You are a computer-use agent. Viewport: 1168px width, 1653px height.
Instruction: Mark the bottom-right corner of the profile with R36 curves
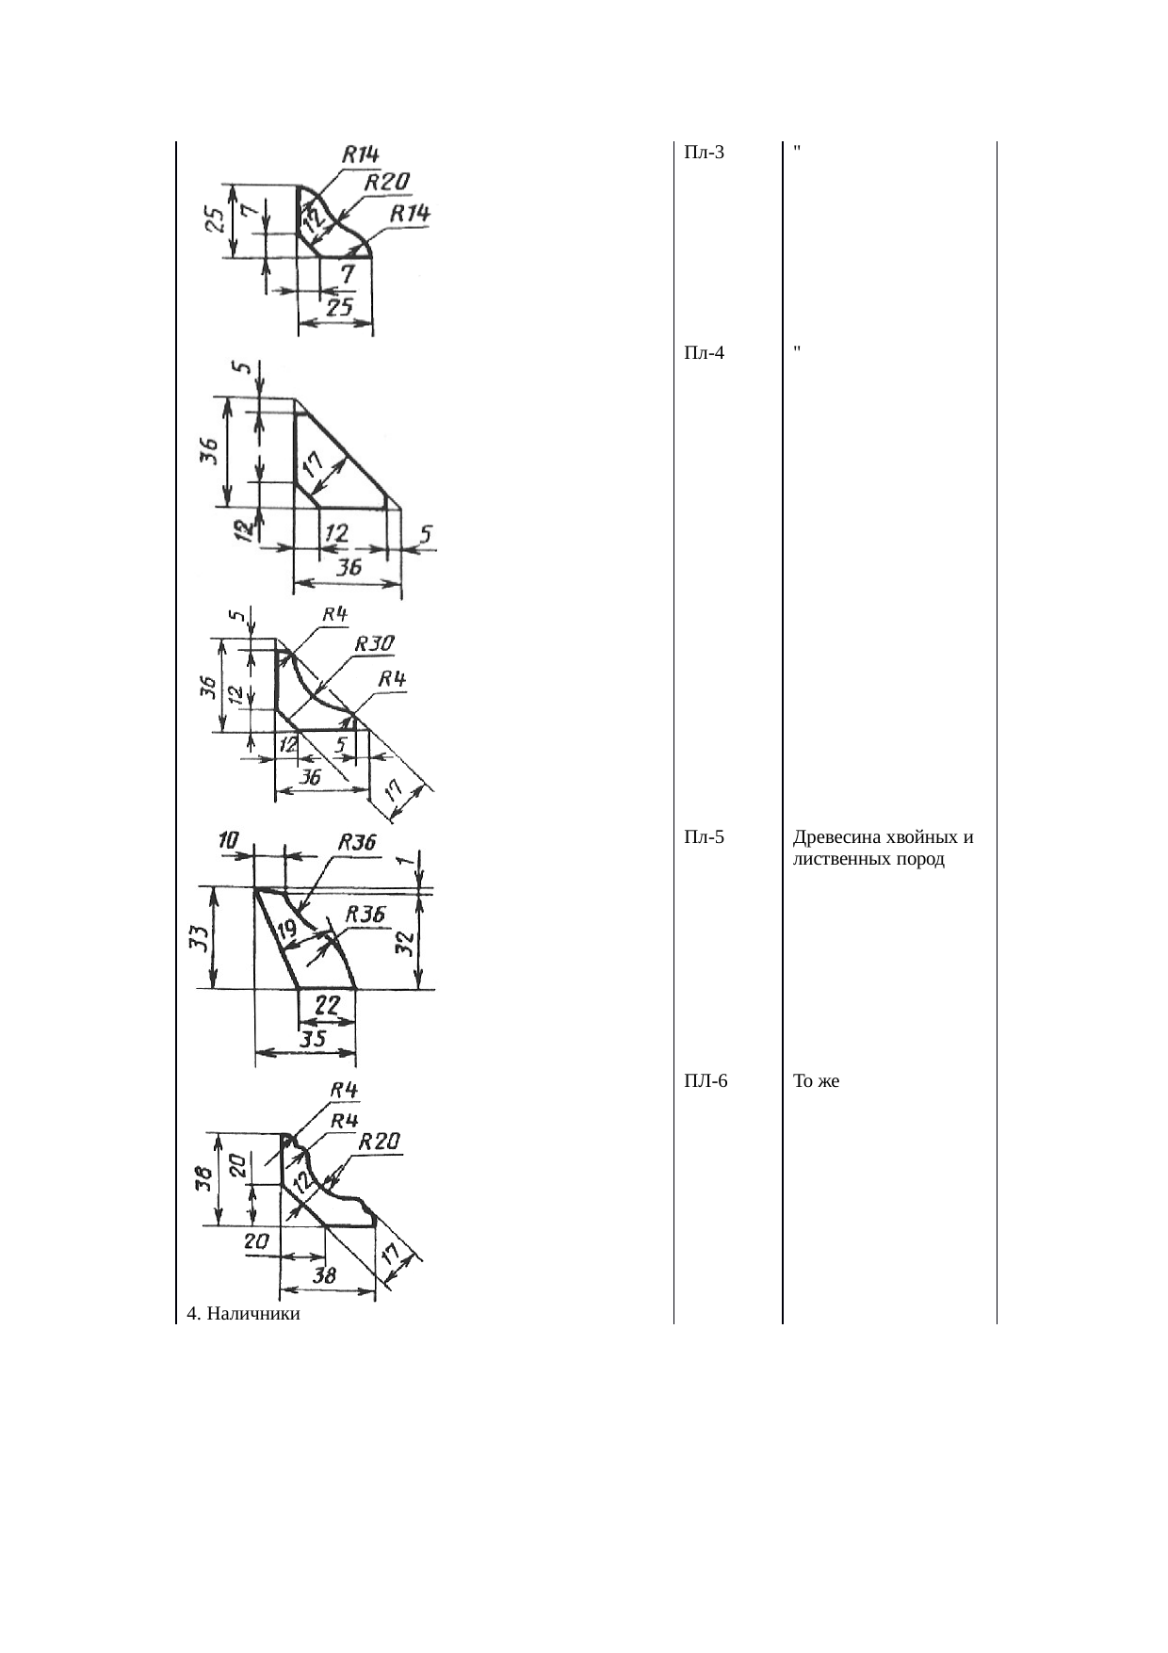356,989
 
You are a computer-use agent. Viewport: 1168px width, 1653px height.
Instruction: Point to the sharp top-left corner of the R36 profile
255,887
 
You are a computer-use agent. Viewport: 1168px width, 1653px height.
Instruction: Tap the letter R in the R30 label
361,644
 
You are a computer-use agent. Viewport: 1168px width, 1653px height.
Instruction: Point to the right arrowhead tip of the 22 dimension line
355,1021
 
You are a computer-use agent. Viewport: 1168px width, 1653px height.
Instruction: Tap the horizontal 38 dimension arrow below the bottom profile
328,1291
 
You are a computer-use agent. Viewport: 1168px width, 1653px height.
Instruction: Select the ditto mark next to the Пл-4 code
798,349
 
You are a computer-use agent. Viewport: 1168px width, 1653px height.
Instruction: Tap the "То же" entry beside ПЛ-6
817,1081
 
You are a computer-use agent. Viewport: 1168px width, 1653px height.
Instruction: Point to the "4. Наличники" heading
244,1313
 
